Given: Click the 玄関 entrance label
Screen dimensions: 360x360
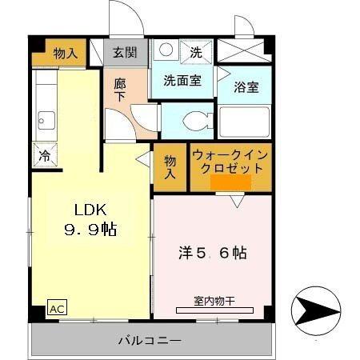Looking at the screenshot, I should pos(124,54).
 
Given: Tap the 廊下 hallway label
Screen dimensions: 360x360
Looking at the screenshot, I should pos(119,87).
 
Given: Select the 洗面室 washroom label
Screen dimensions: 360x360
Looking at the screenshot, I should pos(182,80).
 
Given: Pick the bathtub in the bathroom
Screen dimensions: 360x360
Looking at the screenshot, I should pos(245,123).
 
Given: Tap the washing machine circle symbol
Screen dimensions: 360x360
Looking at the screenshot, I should pos(166,50).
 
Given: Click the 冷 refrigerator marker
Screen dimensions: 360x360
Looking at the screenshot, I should pos(45,155).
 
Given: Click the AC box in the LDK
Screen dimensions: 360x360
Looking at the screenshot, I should pos(57,307).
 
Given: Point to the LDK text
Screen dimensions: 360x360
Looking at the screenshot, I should pos(90,210).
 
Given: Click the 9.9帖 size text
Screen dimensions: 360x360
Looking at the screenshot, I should pos(90,230).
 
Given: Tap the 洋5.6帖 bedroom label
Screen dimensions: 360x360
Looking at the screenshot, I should pos(211,253).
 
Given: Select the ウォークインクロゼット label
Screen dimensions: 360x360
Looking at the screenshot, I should pos(230,162).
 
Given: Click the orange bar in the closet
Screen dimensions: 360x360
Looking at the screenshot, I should pos(230,183).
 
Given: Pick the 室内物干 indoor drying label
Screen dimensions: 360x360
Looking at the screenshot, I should pos(211,301).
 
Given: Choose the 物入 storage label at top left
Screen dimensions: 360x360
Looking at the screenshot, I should pos(66,54).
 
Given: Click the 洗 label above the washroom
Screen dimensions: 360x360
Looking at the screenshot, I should pos(197,53).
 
